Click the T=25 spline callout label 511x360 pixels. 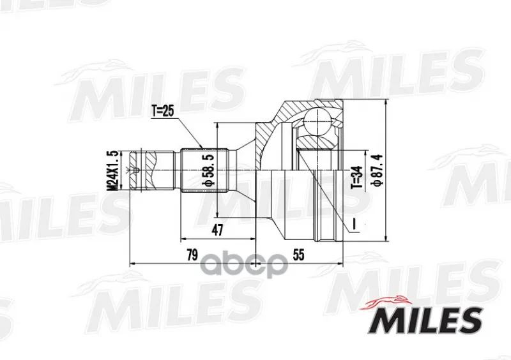tap(163, 112)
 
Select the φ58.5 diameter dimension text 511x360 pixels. tap(210, 170)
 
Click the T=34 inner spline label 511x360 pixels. tap(357, 177)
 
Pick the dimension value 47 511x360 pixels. tap(217, 230)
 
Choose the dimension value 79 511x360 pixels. tap(192, 255)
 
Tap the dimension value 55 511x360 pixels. tap(298, 255)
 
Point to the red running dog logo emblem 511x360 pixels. tap(384, 303)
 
